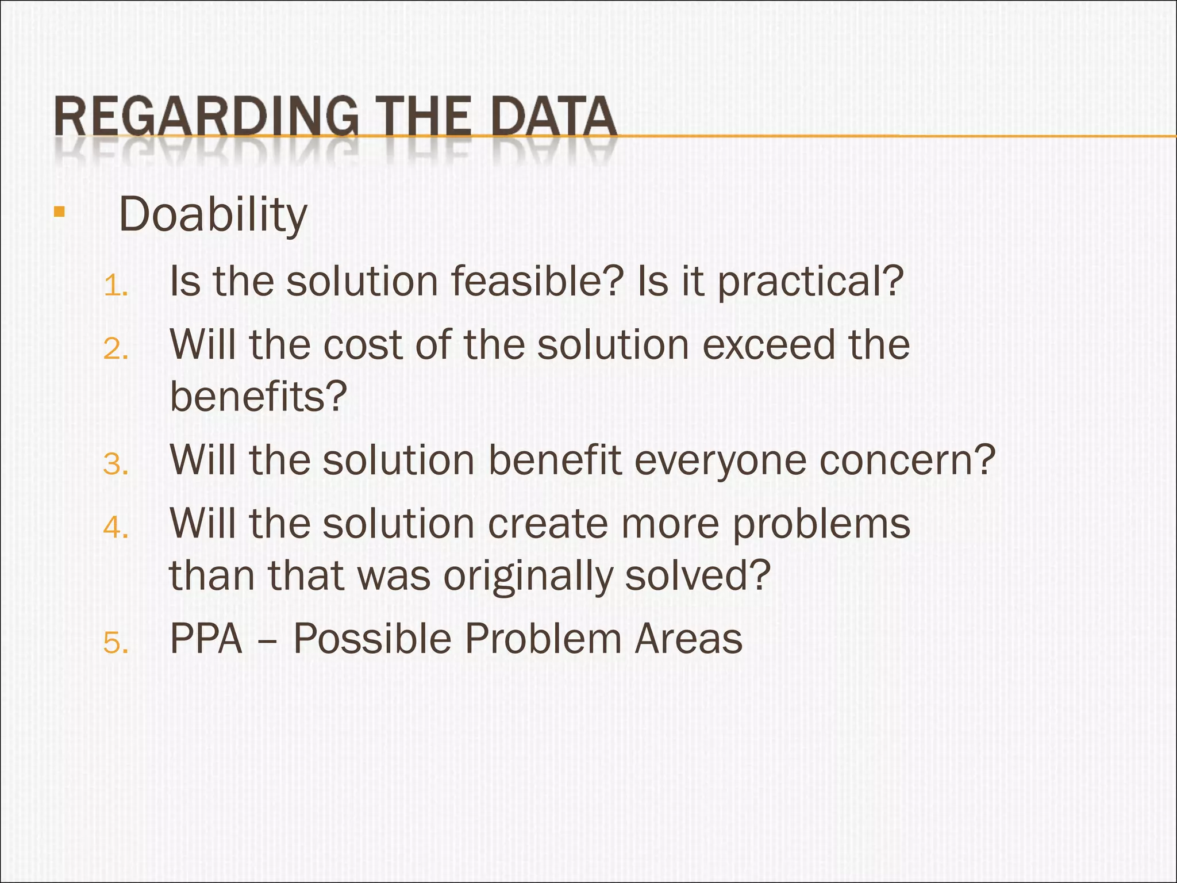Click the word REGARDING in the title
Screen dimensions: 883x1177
point(206,117)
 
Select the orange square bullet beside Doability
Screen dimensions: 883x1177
point(59,212)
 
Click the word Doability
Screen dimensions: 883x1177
point(213,214)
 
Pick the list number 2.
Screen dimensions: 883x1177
point(116,349)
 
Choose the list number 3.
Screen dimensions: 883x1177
point(116,464)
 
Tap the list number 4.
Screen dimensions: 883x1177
point(116,527)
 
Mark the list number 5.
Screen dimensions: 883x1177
point(116,643)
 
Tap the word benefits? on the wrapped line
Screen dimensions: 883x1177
point(259,397)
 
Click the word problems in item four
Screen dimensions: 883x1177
point(821,524)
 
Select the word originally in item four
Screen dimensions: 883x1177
point(528,576)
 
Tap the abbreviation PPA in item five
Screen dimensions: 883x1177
point(206,639)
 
